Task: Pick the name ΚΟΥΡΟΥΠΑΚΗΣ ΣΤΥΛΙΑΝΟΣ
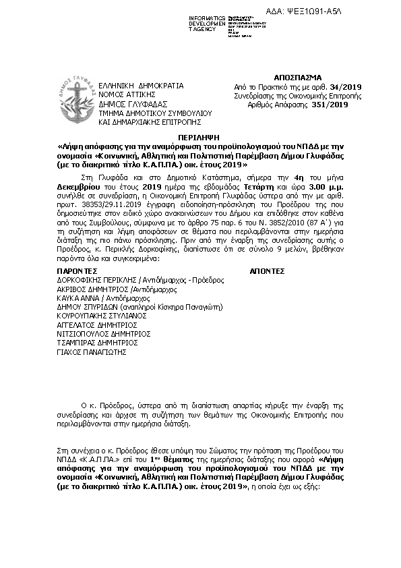click(x=102, y=314)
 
